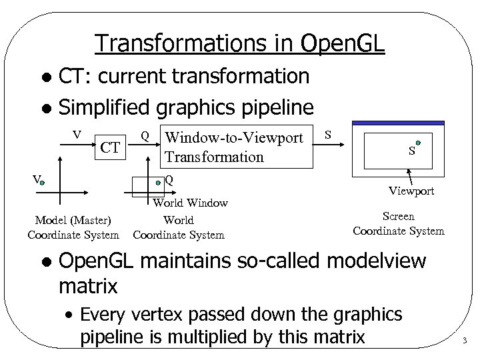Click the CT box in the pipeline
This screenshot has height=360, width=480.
tap(110, 147)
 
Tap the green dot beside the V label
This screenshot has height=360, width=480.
tap(41, 181)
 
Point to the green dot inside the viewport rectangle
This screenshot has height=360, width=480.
tap(418, 142)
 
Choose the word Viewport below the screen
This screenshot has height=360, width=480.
tap(412, 191)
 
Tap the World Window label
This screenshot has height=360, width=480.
tap(191, 203)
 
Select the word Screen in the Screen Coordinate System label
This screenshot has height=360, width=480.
tap(399, 217)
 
